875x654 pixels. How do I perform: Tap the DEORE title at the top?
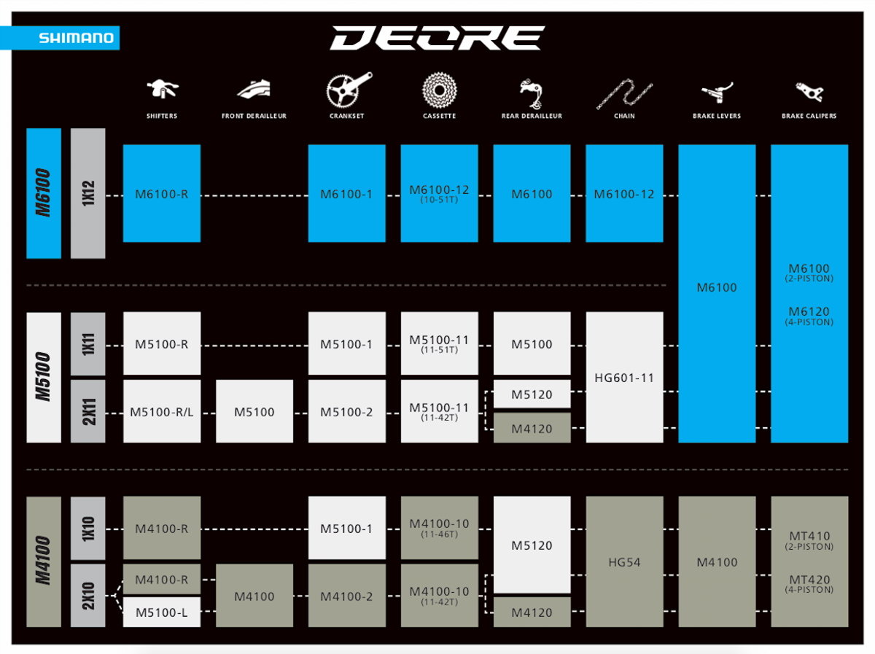pyautogui.click(x=437, y=39)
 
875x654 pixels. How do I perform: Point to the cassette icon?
pyautogui.click(x=439, y=90)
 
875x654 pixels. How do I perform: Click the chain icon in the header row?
pyautogui.click(x=624, y=93)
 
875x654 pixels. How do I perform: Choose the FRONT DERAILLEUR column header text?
pyautogui.click(x=254, y=116)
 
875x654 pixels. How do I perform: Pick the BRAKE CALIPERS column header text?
pyautogui.click(x=809, y=116)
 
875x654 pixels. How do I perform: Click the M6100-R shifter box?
pyautogui.click(x=162, y=194)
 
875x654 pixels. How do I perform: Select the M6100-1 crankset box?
pyautogui.click(x=346, y=194)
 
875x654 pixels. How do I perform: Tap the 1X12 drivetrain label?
pyautogui.click(x=88, y=194)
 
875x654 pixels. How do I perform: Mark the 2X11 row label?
pyautogui.click(x=88, y=411)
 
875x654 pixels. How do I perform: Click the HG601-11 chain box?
pyautogui.click(x=624, y=378)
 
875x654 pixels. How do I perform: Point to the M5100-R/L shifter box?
pyautogui.click(x=162, y=412)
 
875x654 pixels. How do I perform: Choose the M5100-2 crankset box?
pyautogui.click(x=346, y=412)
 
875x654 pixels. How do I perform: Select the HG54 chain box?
pyautogui.click(x=624, y=562)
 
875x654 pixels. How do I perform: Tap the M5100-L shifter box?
pyautogui.click(x=162, y=612)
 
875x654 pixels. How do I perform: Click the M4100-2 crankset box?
pyautogui.click(x=346, y=596)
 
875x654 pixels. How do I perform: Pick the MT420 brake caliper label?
pyautogui.click(x=809, y=581)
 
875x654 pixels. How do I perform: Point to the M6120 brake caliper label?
pyautogui.click(x=809, y=313)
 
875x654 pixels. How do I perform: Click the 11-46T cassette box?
pyautogui.click(x=439, y=528)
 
